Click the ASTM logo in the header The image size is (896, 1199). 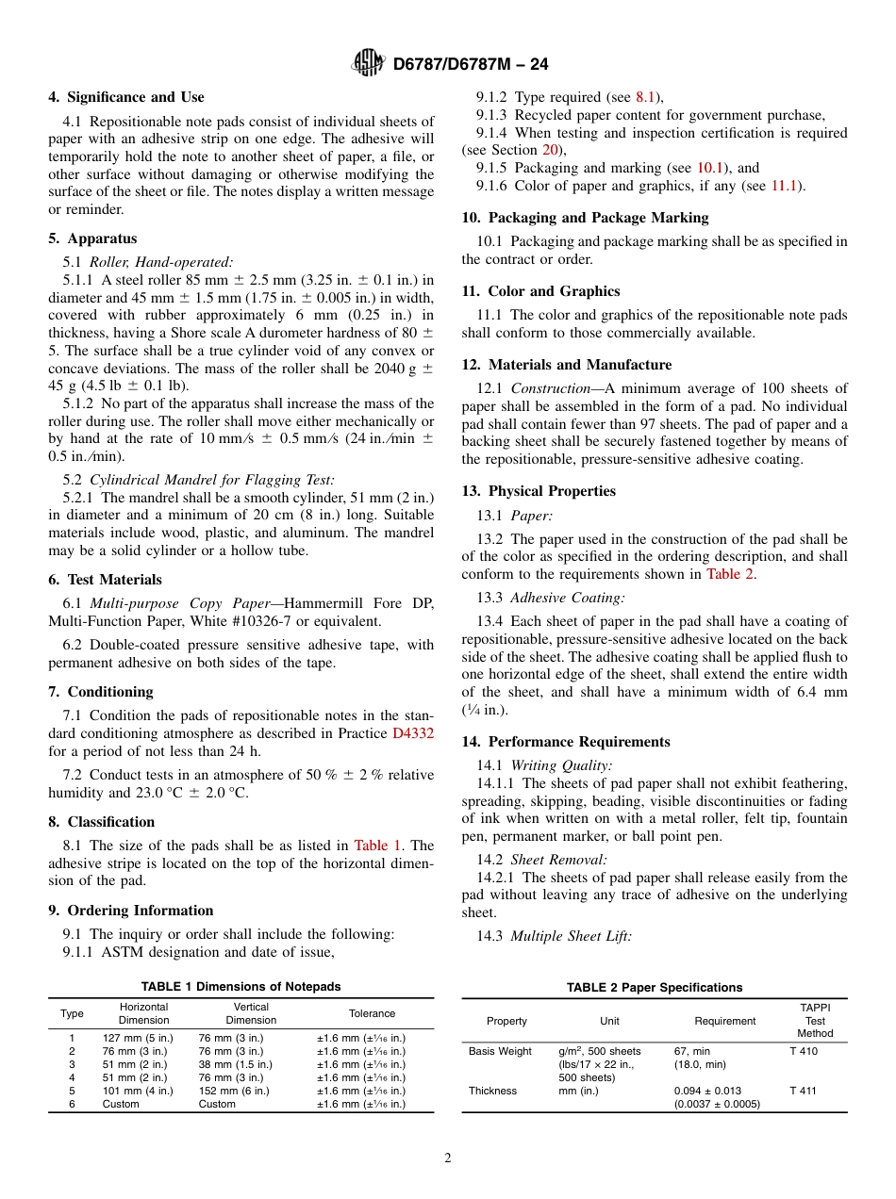click(368, 63)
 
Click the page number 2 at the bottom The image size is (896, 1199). click(448, 1158)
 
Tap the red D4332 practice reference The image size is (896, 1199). click(413, 733)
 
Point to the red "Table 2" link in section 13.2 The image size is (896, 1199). click(729, 574)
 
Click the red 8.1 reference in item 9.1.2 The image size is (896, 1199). click(648, 97)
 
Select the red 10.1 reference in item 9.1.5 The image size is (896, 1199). click(710, 168)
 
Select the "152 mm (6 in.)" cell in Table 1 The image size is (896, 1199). click(233, 1091)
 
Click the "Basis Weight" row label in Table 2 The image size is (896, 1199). click(500, 1051)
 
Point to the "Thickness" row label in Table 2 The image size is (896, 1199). click(492, 1091)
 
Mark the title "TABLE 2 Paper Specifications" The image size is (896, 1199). click(654, 987)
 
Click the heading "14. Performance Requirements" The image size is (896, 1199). click(566, 742)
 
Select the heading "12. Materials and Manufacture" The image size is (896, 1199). click(567, 365)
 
